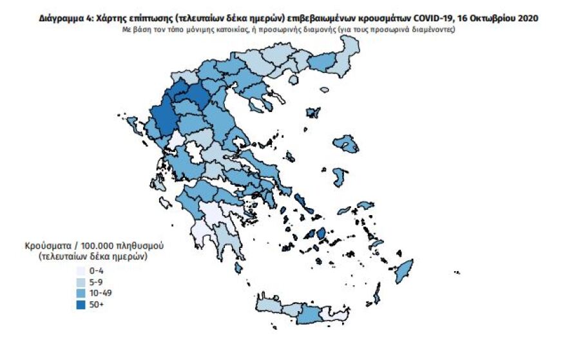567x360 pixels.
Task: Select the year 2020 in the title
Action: pos(526,19)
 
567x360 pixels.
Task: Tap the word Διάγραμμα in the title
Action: pos(60,19)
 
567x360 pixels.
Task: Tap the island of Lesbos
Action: pos(350,146)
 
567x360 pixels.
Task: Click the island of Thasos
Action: pos(314,113)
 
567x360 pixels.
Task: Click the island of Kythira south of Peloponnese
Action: pos(239,267)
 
